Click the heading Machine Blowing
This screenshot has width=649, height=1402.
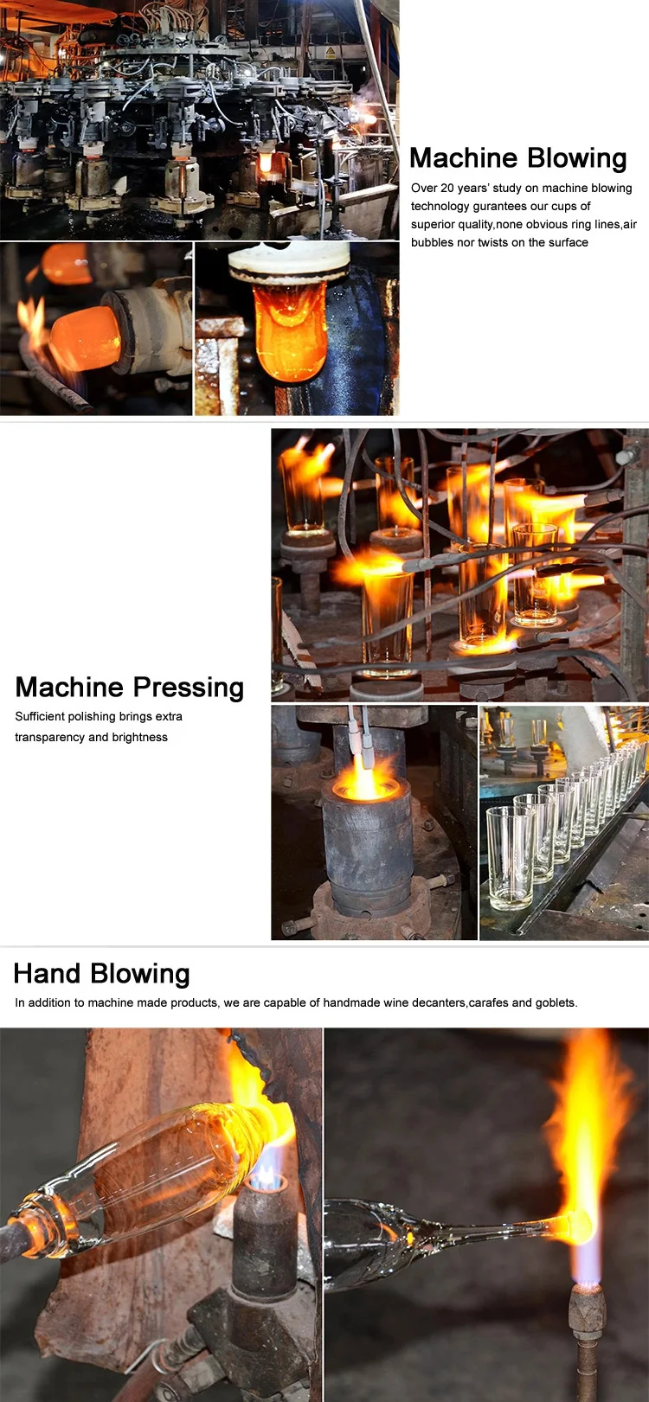point(517,158)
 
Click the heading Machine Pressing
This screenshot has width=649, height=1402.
point(130,688)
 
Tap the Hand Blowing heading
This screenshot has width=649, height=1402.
point(101,974)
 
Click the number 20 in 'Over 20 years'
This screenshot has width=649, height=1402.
point(447,188)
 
